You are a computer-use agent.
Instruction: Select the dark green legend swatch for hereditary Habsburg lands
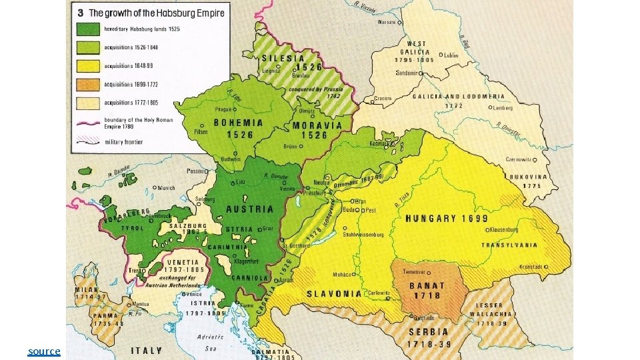click(x=87, y=29)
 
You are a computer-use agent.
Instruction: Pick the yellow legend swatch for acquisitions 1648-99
click(x=87, y=65)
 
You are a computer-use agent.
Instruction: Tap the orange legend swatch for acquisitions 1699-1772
click(x=87, y=84)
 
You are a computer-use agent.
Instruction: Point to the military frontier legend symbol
click(x=87, y=141)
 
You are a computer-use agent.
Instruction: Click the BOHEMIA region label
click(x=238, y=123)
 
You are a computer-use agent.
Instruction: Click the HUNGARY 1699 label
click(x=446, y=218)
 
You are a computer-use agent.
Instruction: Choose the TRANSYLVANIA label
click(x=506, y=244)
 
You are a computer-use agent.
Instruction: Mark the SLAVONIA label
click(x=333, y=293)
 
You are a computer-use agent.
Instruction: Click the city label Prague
click(x=223, y=108)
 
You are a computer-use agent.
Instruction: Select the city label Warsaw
click(x=387, y=21)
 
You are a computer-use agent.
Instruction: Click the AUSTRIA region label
click(x=250, y=209)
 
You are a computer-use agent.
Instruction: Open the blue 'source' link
click(x=44, y=351)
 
